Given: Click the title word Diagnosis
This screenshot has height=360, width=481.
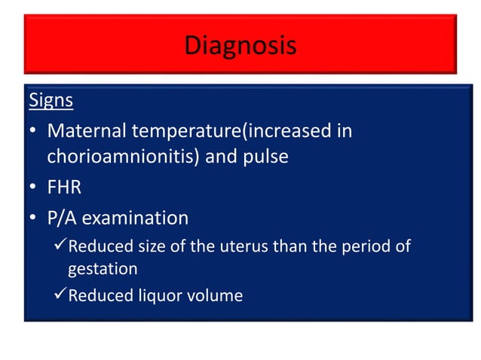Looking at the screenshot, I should (240, 45).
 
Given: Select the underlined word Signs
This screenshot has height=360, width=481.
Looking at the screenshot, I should (50, 99).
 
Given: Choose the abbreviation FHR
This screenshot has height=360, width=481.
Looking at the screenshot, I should (64, 188).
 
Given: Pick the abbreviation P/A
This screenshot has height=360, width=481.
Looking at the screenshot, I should (62, 218).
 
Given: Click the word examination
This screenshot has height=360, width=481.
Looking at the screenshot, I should (135, 218).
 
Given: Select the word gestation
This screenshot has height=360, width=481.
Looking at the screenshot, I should (103, 269).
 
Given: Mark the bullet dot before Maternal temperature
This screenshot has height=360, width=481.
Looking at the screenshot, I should (33, 133).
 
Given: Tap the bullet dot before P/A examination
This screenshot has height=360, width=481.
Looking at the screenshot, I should (33, 219).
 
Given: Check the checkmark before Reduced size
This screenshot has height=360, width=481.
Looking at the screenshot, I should (59, 246).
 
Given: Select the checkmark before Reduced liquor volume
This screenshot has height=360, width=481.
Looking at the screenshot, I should (59, 295).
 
